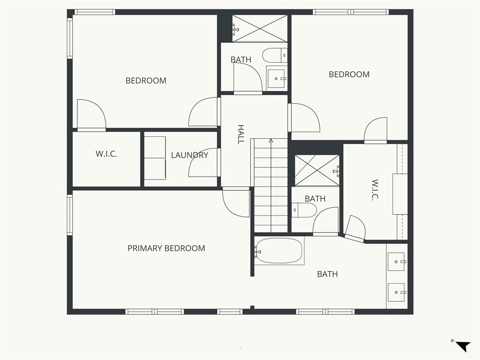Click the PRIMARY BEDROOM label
coord(166,248)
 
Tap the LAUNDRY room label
coord(190,155)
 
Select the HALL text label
coord(241,134)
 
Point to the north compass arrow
coord(463,346)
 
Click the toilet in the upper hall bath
coord(275,55)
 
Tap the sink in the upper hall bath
coord(277,79)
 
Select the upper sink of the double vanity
coord(397,262)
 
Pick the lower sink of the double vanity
coord(397,292)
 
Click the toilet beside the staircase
coord(304,210)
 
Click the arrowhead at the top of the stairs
coord(271,141)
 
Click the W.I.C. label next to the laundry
coord(106,154)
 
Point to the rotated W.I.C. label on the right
coord(375,190)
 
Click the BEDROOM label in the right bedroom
coord(349,75)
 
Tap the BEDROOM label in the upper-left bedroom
coord(146,81)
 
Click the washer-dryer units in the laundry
coord(155,158)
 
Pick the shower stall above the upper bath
coord(260,29)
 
